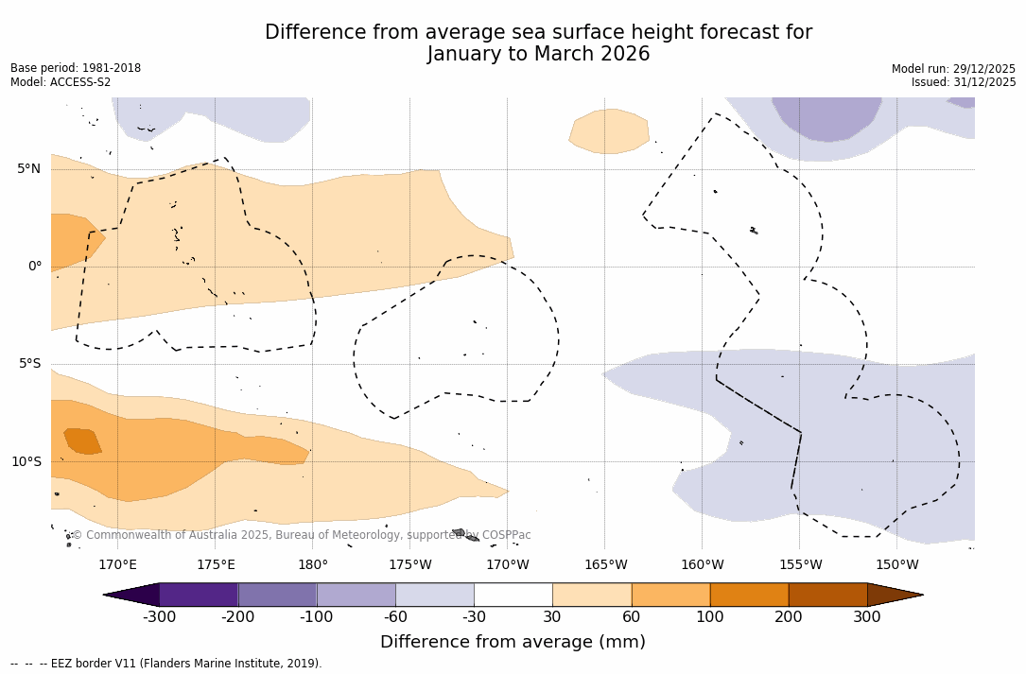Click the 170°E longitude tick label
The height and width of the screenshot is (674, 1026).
coord(117,565)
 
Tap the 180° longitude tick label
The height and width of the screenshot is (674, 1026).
coord(313,565)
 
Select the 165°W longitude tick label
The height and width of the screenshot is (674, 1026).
coord(605,565)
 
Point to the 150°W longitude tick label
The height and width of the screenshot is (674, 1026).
coord(896,565)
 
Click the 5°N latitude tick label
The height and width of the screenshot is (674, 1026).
coord(28,169)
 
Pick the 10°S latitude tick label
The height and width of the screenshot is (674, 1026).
coord(26,462)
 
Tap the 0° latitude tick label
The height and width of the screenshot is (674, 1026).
coord(34,267)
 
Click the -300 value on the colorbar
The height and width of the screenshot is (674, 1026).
coord(160,617)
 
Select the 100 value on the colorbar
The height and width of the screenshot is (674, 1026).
coord(710,617)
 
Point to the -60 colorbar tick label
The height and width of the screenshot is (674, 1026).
coord(395,617)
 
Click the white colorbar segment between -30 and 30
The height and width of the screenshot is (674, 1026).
coord(513,595)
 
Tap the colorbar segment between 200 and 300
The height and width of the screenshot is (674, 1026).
coord(827,595)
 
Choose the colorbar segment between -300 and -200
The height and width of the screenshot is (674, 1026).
coord(199,595)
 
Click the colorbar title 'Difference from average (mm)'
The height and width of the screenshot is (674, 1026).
coord(513,643)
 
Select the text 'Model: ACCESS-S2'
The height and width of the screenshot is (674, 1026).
coord(61,82)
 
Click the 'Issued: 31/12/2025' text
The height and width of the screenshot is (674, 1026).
coord(964,82)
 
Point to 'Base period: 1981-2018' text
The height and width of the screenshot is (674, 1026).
coord(76,68)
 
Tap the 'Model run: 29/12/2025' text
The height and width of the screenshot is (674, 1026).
coord(953,69)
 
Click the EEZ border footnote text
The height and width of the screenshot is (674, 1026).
coord(165,664)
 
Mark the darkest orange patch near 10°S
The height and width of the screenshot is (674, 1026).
coord(82,441)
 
